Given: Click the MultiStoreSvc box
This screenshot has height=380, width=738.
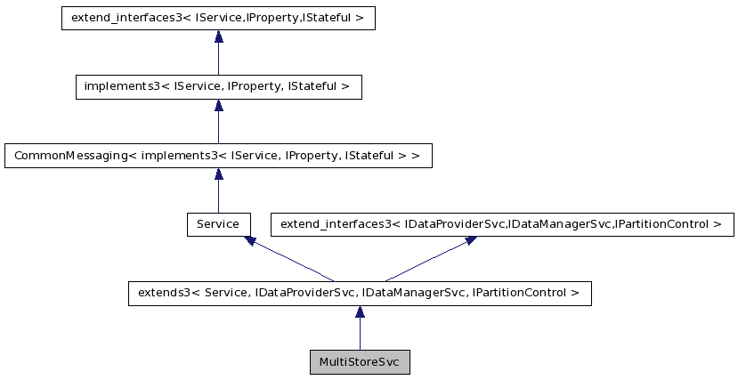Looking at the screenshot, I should tap(360, 362).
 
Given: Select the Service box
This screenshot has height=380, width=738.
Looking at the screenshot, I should tap(218, 223).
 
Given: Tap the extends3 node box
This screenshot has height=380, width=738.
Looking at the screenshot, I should tap(360, 292).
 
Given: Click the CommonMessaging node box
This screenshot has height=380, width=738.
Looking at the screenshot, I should tap(218, 155).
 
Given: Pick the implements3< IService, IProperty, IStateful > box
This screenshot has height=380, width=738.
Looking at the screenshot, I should tap(218, 86).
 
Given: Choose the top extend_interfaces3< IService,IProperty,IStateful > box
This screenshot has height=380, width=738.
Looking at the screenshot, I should tap(218, 18).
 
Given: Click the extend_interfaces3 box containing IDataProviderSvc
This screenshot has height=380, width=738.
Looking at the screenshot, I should tap(501, 223).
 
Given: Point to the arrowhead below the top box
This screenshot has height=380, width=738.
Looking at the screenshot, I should tap(218, 36).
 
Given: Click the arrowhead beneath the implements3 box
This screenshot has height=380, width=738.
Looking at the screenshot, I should tap(218, 105).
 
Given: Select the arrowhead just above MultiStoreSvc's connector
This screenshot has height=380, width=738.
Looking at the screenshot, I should tap(360, 311).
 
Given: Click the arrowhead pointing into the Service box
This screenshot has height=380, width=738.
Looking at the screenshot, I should tap(250, 240).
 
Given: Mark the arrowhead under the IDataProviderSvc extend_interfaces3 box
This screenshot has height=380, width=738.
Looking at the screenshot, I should tap(470, 240).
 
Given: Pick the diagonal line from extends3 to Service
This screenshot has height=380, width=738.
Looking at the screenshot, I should tap(294, 261).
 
